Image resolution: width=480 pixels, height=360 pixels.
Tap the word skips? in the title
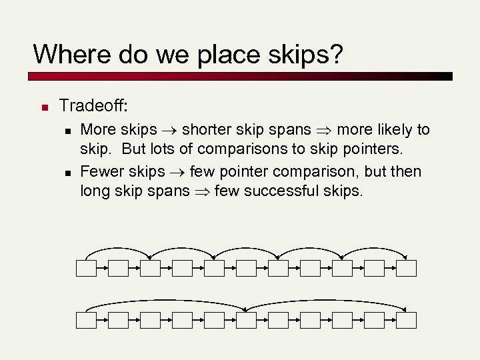click(x=303, y=54)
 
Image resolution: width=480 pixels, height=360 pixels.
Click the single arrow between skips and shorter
click(x=169, y=130)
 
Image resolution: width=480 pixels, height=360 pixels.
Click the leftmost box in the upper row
click(x=86, y=268)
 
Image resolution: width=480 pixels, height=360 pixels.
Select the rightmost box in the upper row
click(x=406, y=268)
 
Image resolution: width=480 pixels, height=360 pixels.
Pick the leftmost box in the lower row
click(x=86, y=320)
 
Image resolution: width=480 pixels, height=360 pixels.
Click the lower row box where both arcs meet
click(x=246, y=320)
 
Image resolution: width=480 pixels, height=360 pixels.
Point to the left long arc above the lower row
click(x=167, y=301)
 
